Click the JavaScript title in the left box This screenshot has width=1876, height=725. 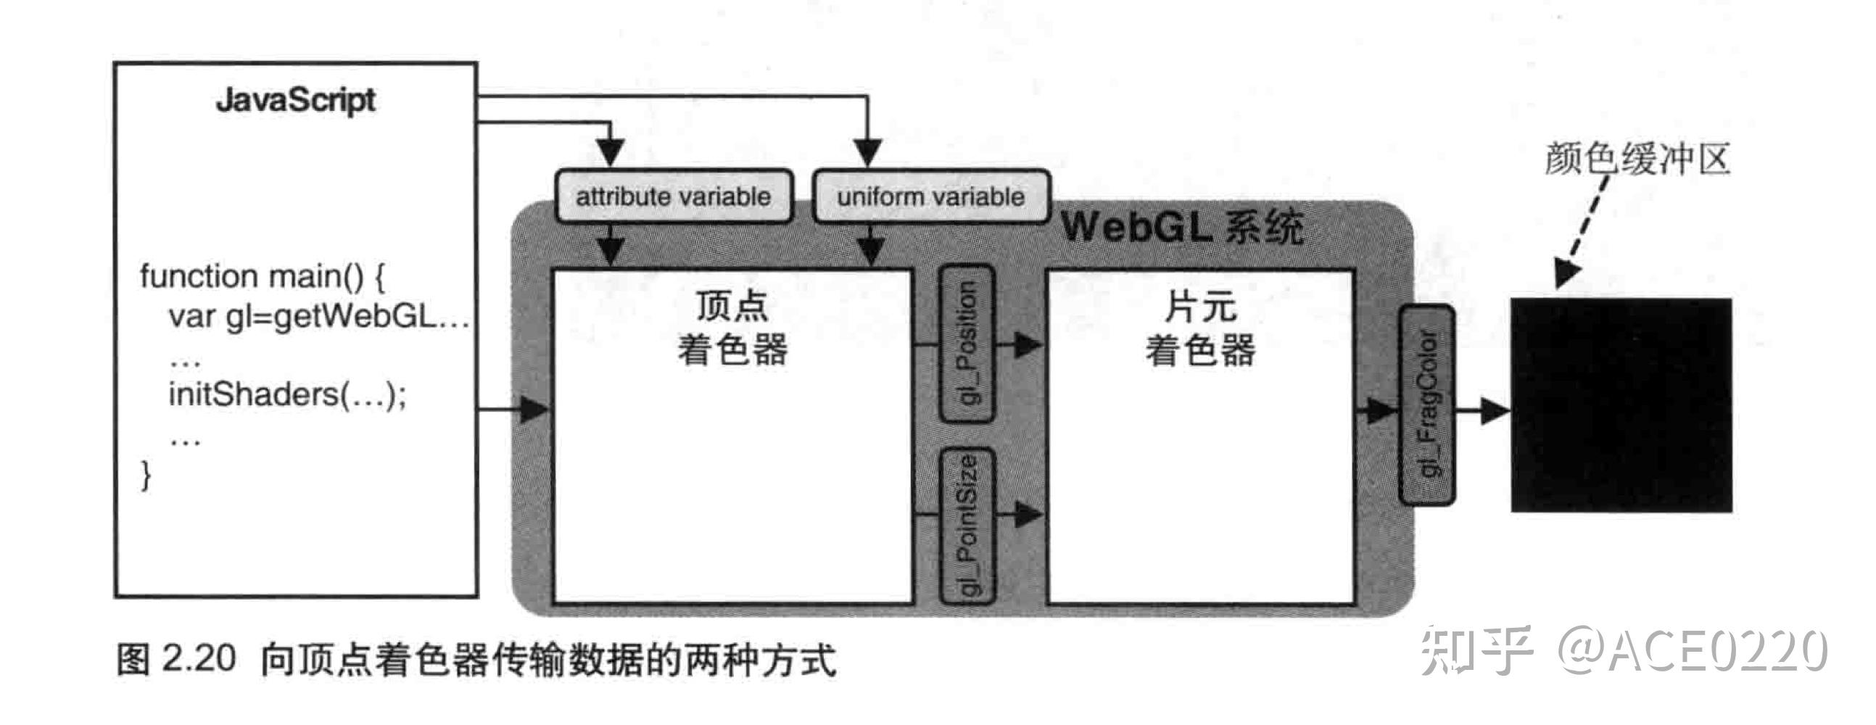[296, 100]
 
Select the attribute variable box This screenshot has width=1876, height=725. [674, 196]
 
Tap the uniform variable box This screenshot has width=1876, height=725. [930, 196]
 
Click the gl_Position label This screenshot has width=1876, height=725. [967, 344]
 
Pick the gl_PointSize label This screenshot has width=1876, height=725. [967, 526]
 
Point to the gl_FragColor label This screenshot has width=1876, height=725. [1428, 405]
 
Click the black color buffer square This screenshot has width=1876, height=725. [1621, 405]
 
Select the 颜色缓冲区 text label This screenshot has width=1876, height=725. [1637, 159]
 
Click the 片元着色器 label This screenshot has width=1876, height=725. [1200, 329]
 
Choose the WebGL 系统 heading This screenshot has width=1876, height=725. [1182, 227]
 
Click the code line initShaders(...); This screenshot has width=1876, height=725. [288, 394]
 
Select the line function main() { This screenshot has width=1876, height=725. [263, 277]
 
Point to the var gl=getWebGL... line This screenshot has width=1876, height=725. [318, 317]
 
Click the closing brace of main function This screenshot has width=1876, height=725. [146, 476]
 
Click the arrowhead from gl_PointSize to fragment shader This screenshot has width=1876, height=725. [1028, 514]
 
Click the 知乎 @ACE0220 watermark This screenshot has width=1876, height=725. [1624, 650]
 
